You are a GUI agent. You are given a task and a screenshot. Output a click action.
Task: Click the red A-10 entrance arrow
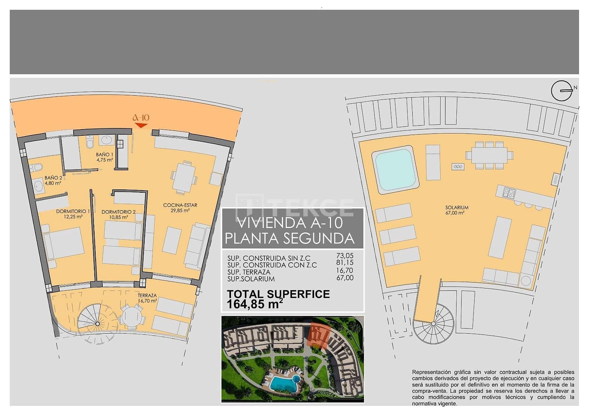point(141,125)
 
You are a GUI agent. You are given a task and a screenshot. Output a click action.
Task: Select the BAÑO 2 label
point(53,180)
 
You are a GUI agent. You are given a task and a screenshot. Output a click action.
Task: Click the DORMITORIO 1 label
point(73,214)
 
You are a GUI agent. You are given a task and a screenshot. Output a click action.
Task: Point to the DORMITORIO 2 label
point(119,214)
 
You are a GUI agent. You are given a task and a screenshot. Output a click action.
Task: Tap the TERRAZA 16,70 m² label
point(147,298)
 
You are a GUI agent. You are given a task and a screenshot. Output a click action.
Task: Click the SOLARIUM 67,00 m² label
point(456,210)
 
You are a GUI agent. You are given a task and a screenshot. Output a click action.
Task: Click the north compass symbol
point(562,90)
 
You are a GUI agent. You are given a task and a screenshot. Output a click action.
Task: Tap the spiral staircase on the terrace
point(98,323)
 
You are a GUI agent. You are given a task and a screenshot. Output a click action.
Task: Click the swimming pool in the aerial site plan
point(285,383)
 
